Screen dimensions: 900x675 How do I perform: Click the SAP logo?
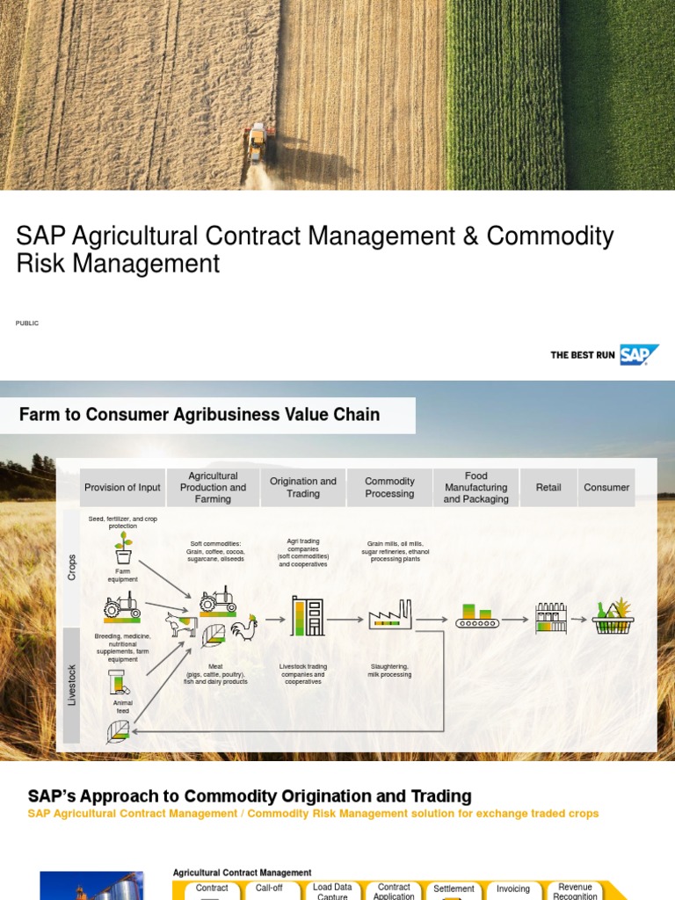[638, 354]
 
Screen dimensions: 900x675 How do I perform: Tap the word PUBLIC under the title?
[27, 323]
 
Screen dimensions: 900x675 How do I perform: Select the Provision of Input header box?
[122, 488]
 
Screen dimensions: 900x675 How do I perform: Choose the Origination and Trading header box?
[303, 488]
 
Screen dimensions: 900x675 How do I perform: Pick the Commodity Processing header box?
[389, 488]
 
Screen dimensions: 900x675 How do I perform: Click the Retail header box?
[548, 488]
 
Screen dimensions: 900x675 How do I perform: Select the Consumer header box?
[606, 488]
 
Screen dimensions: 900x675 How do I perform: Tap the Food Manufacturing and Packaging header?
[475, 488]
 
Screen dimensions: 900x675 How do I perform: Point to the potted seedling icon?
[124, 548]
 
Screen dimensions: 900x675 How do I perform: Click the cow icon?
[182, 625]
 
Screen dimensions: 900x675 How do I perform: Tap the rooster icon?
[243, 627]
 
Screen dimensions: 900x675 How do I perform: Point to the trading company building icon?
[308, 616]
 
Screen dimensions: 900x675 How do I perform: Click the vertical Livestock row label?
[72, 684]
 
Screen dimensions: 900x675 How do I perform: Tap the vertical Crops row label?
[72, 567]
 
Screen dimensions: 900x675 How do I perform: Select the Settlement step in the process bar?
[454, 889]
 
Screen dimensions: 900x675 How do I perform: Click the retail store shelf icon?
[550, 617]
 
